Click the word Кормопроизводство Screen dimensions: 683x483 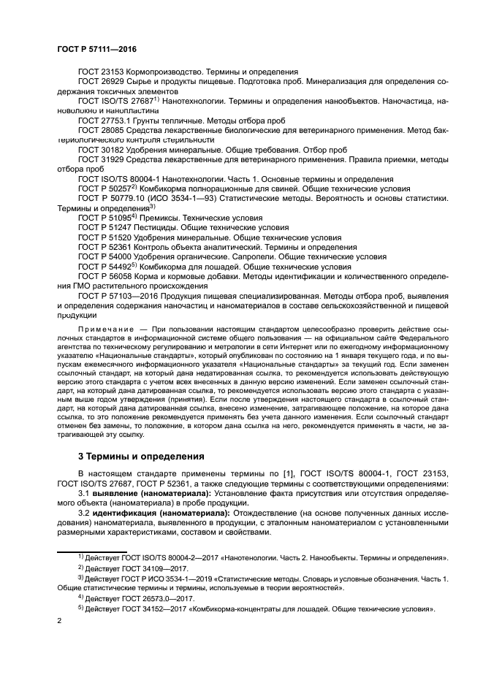164,72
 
